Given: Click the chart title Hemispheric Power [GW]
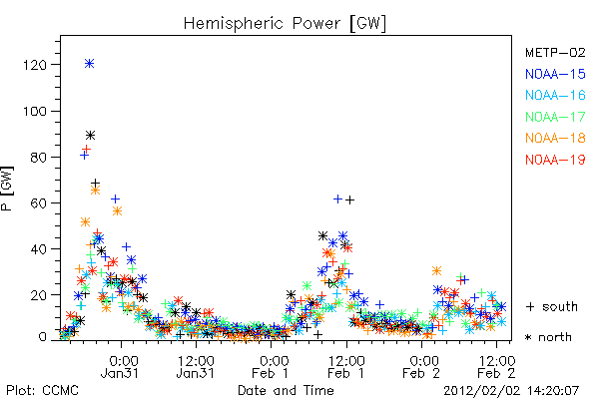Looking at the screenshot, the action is click(x=285, y=24).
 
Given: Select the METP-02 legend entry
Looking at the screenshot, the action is click(x=555, y=52).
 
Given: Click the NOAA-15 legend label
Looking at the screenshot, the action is click(x=555, y=74).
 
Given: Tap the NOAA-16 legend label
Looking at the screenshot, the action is click(x=555, y=95).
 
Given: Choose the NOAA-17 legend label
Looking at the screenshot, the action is click(x=555, y=117).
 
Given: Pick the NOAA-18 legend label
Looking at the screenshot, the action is click(x=555, y=138).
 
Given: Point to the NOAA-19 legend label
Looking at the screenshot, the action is click(x=555, y=160).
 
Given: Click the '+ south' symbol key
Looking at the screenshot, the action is click(x=552, y=306).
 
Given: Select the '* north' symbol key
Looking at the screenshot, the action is click(x=548, y=337).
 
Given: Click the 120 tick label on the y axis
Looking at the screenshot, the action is click(x=35, y=65).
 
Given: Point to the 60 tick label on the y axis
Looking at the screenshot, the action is click(x=39, y=203).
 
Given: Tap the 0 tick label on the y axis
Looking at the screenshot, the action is click(x=43, y=337).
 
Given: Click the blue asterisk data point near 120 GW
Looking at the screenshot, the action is click(x=89, y=64).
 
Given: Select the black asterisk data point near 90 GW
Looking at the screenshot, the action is click(x=90, y=136).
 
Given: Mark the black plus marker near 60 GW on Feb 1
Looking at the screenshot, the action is click(x=349, y=199).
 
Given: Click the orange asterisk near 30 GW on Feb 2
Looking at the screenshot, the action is click(x=436, y=271).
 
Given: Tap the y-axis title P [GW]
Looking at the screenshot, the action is click(x=7, y=189).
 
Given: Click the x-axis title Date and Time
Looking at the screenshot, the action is click(x=286, y=391).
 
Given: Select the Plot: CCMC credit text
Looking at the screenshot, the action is click(x=42, y=391).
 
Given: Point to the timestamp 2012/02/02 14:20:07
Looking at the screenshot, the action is click(x=511, y=391).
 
